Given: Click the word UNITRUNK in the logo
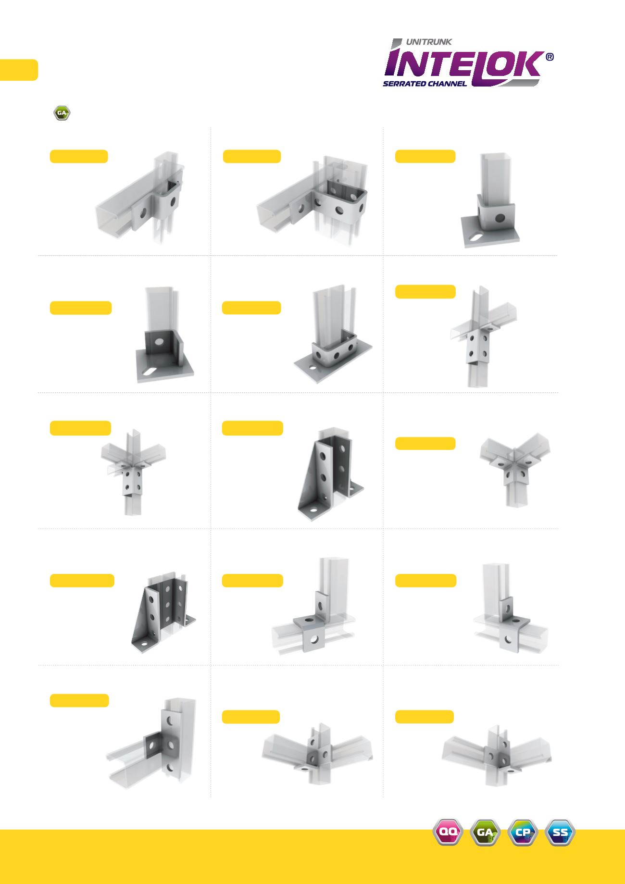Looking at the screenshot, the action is (429, 42).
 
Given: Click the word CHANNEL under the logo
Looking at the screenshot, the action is (444, 84).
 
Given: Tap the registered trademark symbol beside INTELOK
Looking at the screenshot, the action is (550, 57).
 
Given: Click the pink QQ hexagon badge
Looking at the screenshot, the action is (448, 832).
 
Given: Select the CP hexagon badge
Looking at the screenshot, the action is (523, 832).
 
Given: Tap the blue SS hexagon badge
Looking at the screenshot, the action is (560, 832).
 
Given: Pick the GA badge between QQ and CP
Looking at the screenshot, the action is (485, 832).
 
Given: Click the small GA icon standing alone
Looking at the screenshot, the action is (62, 113).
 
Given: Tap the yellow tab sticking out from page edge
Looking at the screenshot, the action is (19, 70).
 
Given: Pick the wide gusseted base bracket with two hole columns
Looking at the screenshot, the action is (163, 613).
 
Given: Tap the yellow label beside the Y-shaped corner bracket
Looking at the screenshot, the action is (425, 443).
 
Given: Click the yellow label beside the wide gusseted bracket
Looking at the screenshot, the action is (82, 580).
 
